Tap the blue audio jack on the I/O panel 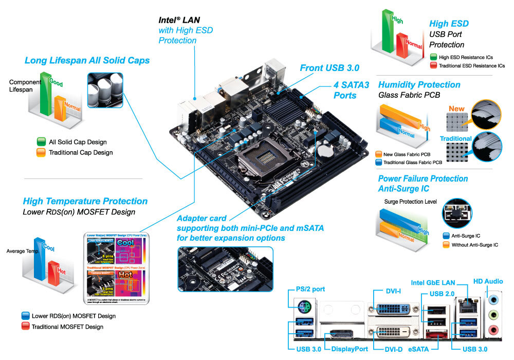tap(494, 298)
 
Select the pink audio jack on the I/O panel tap(494, 329)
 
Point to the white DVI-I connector tap(394, 310)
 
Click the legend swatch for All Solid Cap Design tap(41, 141)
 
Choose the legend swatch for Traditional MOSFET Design tap(25, 327)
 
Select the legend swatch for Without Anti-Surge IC tap(445, 245)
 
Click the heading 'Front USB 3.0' tap(329, 68)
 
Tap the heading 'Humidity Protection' tap(419, 85)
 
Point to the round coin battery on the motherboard tap(324, 150)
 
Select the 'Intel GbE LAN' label tap(433, 282)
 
